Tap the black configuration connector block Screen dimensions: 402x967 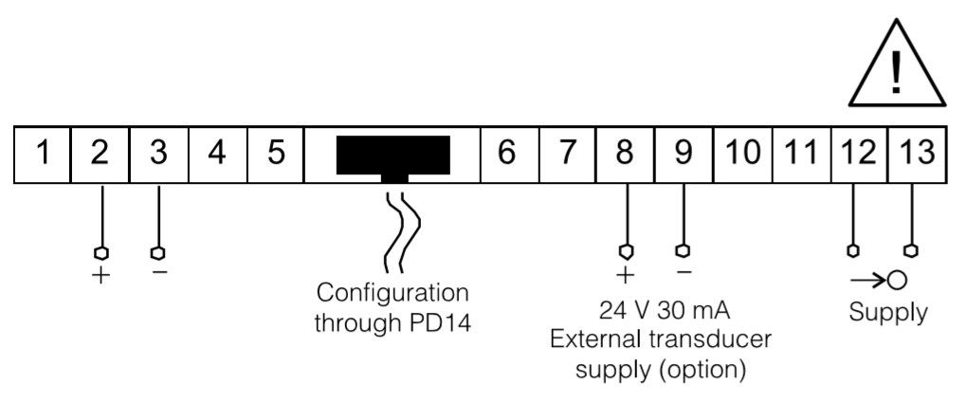coord(392,155)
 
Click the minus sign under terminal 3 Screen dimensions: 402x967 coord(159,272)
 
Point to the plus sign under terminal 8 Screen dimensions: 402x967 coord(624,276)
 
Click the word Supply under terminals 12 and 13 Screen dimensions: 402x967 coord(887,313)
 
